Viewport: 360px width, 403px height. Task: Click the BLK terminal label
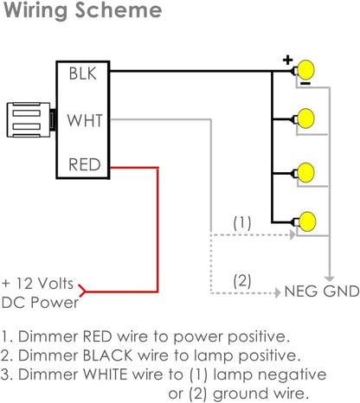click(x=83, y=74)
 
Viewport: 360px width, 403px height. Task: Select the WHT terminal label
click(x=83, y=118)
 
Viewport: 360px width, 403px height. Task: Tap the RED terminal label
click(x=83, y=163)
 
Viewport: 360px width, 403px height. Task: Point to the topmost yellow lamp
click(x=305, y=71)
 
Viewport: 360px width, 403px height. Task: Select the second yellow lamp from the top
click(x=305, y=117)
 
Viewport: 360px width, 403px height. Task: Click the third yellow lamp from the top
click(x=305, y=170)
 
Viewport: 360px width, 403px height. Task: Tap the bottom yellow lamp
click(x=305, y=221)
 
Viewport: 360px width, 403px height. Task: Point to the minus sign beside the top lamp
click(x=307, y=85)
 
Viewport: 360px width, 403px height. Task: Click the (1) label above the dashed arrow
click(x=243, y=222)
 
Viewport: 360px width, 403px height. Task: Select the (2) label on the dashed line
click(x=243, y=280)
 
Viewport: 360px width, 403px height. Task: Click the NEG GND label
click(x=321, y=291)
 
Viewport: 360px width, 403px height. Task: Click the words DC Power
click(x=40, y=302)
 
